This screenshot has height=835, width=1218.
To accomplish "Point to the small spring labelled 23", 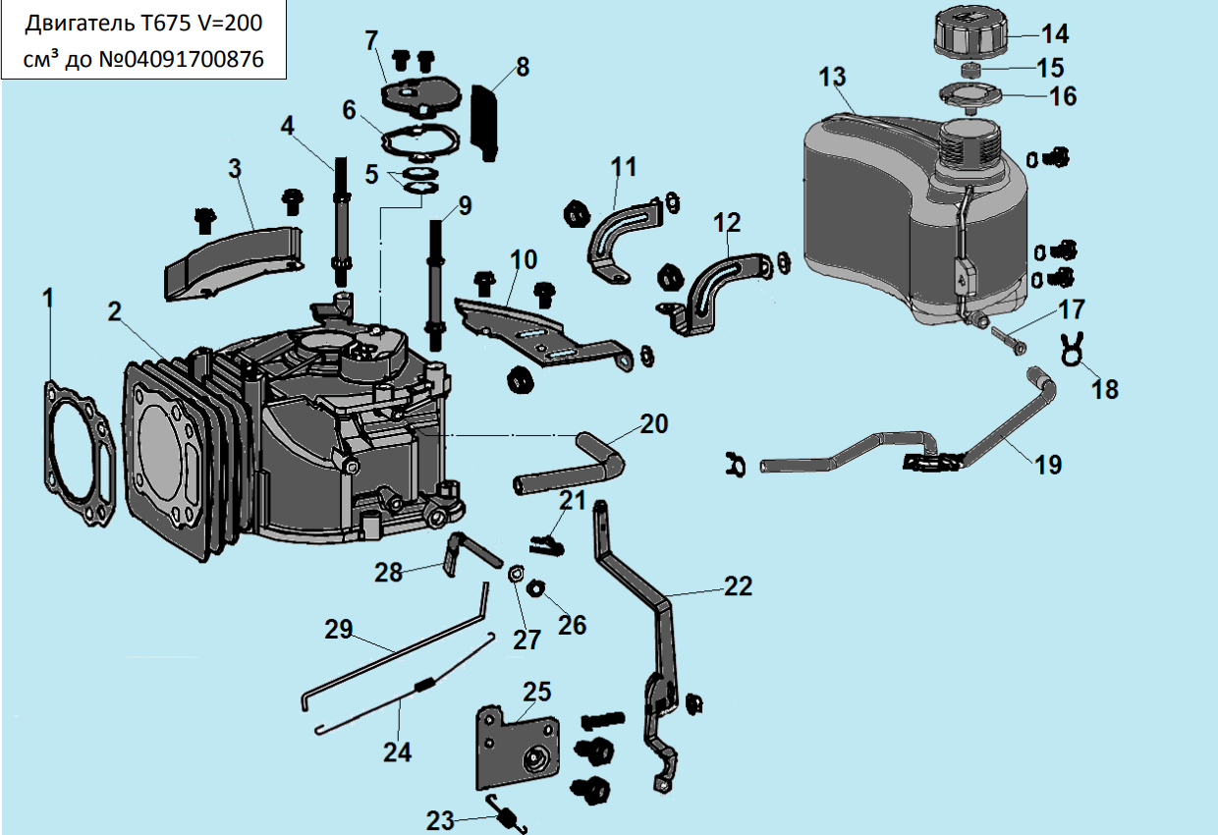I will tap(509, 814).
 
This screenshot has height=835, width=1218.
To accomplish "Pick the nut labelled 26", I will tap(536, 588).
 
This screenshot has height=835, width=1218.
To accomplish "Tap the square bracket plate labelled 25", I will tap(519, 742).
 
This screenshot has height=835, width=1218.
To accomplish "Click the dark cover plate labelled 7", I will tap(419, 91).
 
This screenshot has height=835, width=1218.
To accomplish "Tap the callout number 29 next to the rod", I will tap(339, 630).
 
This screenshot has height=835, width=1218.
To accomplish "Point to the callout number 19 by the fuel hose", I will tap(1048, 464).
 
